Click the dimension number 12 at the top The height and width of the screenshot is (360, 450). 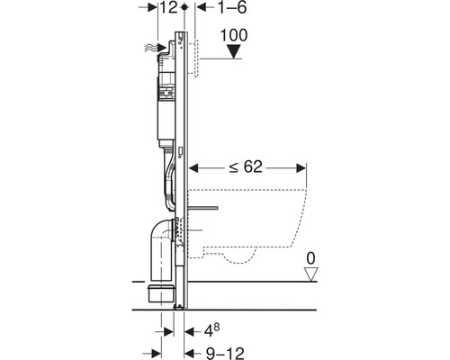tap(166, 8)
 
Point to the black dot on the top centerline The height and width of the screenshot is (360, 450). tap(184, 8)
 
